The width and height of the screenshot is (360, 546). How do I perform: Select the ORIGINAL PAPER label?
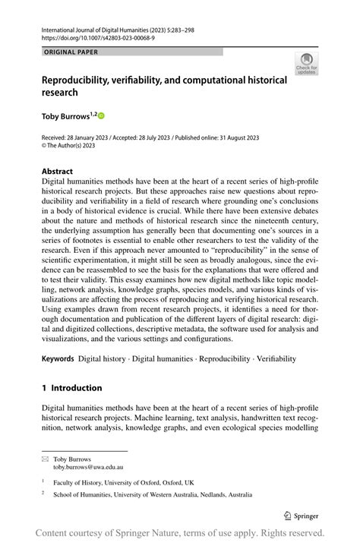click(71, 52)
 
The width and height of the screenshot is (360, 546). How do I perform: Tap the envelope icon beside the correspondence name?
click(45, 459)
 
